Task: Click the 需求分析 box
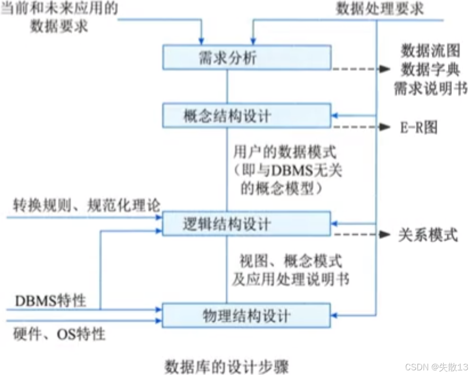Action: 246,58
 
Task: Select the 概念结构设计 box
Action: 246,116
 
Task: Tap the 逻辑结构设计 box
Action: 246,224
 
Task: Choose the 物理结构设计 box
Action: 246,315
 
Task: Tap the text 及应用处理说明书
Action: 291,279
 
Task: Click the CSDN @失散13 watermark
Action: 435,366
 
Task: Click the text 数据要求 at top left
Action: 59,27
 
